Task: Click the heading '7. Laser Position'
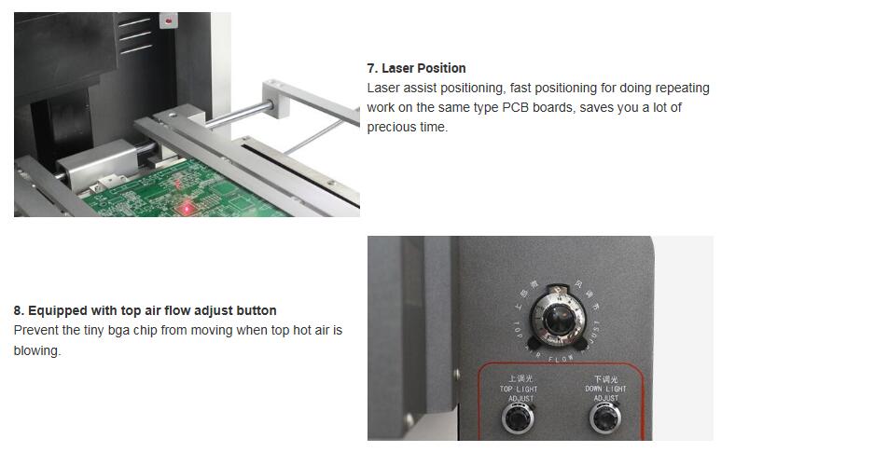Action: click(416, 68)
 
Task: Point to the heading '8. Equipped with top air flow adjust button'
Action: click(145, 310)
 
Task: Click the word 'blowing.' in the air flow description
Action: click(37, 351)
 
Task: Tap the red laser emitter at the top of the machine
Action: click(169, 20)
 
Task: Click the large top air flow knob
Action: click(557, 318)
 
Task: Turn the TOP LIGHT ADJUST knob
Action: click(518, 418)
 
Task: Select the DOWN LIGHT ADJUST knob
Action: click(605, 418)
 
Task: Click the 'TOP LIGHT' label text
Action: click(519, 389)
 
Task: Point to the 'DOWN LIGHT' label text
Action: click(605, 389)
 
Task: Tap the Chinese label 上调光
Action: click(519, 378)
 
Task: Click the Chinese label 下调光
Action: click(605, 378)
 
